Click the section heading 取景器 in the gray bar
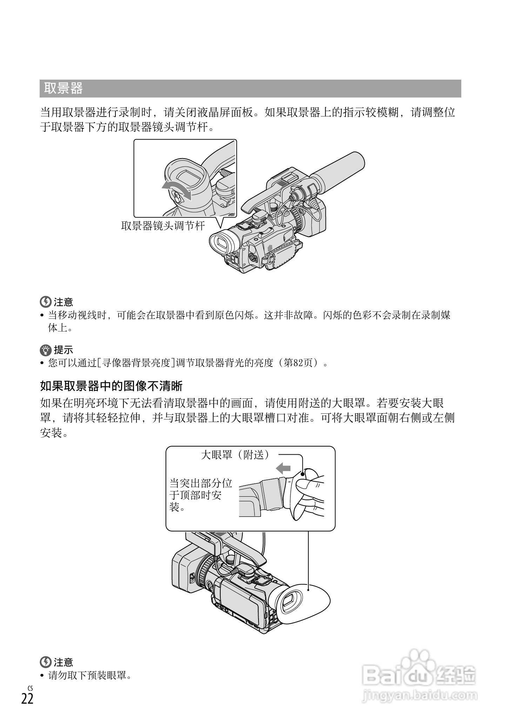[63, 88]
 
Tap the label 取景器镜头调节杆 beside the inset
[163, 225]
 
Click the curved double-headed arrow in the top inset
[177, 190]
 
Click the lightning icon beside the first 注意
[46, 301]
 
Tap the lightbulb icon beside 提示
[46, 350]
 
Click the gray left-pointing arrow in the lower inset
[283, 468]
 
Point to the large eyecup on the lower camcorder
[302, 603]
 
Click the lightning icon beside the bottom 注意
[46, 662]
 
